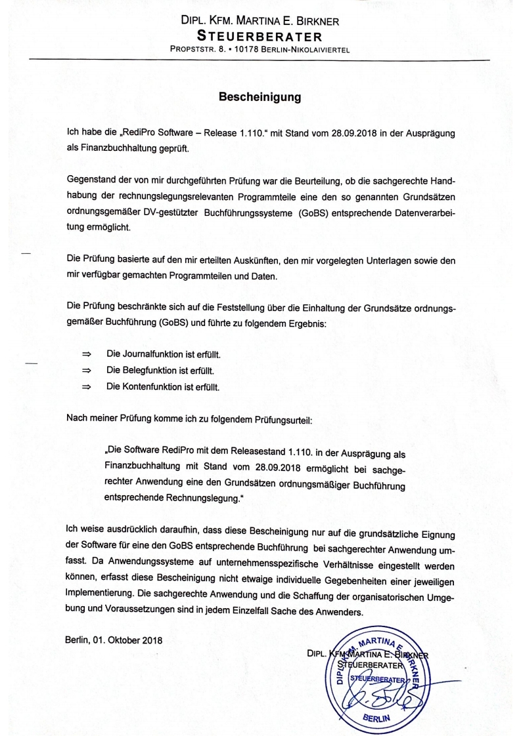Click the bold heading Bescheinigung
[260, 98]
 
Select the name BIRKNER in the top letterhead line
[317, 22]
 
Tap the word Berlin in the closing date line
[79, 640]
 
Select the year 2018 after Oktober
[150, 640]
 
